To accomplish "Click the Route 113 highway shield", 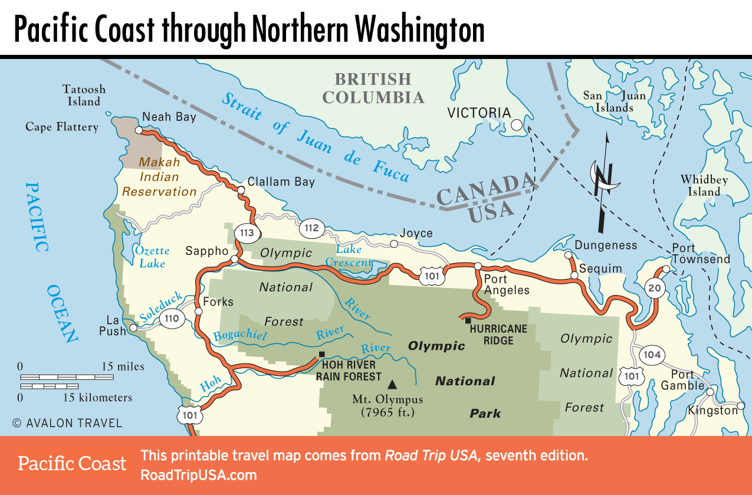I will tap(247, 232).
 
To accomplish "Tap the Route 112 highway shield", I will tap(312, 228).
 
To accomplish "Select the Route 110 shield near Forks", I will tap(172, 319).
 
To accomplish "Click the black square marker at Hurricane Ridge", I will tap(468, 320).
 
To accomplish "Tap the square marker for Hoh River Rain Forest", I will tap(321, 355).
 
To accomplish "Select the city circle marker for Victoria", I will tap(517, 125).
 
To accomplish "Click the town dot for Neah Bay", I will tap(139, 130).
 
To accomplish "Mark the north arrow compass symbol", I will tap(603, 183).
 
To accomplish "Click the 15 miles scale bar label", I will tap(123, 366).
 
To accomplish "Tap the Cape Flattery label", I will tap(62, 127).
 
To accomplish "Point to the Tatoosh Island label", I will tap(84, 95).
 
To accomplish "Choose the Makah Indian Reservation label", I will tap(159, 176).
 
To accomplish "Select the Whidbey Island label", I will tap(704, 185).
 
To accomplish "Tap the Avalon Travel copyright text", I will tap(67, 423).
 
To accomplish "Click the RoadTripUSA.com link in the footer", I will tap(198, 476).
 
